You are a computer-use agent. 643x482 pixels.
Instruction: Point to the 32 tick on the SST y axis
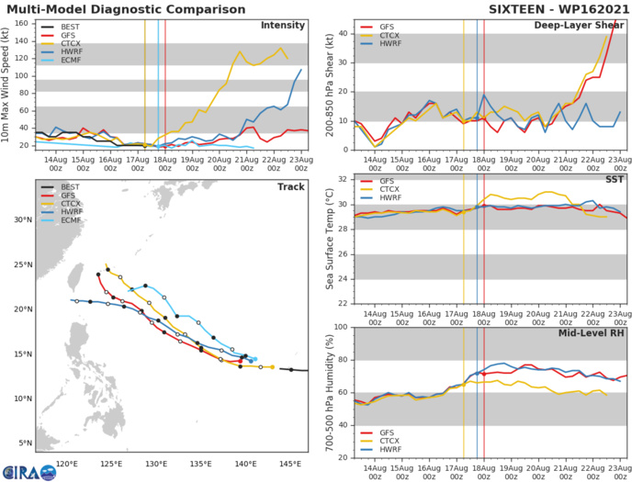343,177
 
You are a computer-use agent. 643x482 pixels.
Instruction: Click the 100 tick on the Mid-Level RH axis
340,327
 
